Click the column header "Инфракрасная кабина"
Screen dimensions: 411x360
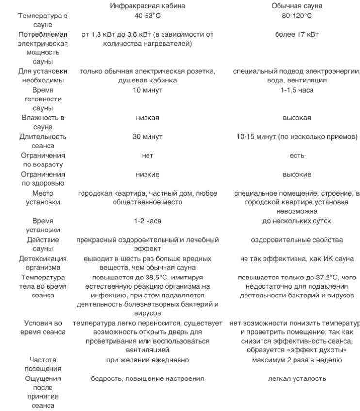click(147, 6)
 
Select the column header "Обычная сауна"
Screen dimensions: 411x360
click(296, 6)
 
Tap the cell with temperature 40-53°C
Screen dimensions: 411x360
click(147, 16)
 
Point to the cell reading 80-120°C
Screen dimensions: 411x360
click(296, 16)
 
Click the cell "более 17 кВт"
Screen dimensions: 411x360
click(296, 34)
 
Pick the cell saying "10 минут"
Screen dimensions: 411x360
click(147, 90)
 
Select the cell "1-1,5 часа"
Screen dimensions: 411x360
click(296, 90)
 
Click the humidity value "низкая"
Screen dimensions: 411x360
click(147, 118)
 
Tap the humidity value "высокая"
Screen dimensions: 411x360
click(296, 118)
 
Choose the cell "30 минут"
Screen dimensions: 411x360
click(147, 137)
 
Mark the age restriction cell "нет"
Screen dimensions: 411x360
click(147, 156)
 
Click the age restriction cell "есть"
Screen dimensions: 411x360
click(296, 156)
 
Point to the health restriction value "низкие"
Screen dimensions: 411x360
click(147, 174)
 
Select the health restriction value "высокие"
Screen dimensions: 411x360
click(296, 174)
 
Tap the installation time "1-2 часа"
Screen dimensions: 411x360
click(147, 221)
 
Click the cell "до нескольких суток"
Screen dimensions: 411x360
click(296, 221)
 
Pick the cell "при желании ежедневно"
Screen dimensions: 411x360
click(147, 360)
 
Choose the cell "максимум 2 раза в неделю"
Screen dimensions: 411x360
click(296, 360)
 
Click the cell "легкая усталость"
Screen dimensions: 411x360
click(296, 378)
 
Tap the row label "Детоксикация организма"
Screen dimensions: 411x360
click(43, 263)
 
